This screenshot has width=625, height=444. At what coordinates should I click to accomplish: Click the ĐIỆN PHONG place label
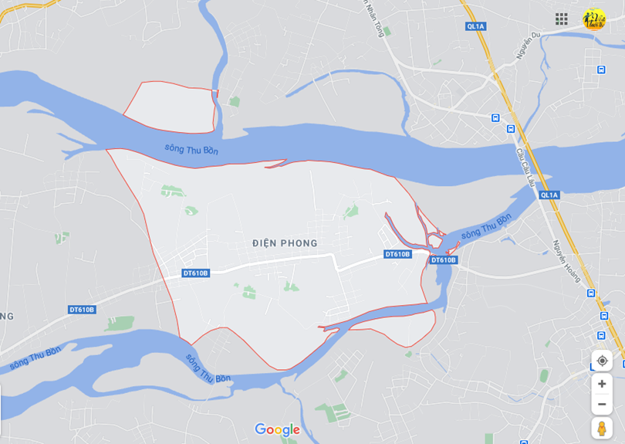point(285,243)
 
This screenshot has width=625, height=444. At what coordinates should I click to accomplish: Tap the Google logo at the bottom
point(277,430)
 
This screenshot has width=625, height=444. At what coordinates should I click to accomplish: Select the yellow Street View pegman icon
point(602,429)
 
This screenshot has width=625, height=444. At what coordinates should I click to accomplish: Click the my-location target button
point(602,361)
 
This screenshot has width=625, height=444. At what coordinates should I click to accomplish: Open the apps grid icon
point(562,19)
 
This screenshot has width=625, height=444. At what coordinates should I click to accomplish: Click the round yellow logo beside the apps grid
point(593,19)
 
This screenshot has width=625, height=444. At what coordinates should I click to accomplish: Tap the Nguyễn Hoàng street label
point(566,260)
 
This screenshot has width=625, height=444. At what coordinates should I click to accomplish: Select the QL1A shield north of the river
point(475,26)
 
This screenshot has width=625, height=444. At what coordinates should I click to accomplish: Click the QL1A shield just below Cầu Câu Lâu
point(549,195)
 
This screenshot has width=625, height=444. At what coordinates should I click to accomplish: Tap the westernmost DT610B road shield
point(82,310)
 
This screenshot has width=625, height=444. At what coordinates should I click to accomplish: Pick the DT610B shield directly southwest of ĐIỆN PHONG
point(196,273)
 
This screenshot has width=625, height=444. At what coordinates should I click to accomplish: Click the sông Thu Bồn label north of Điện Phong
point(191,149)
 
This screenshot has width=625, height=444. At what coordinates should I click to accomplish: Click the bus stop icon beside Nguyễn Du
point(601,69)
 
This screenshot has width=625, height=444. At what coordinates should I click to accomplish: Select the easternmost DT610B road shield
point(443,260)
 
